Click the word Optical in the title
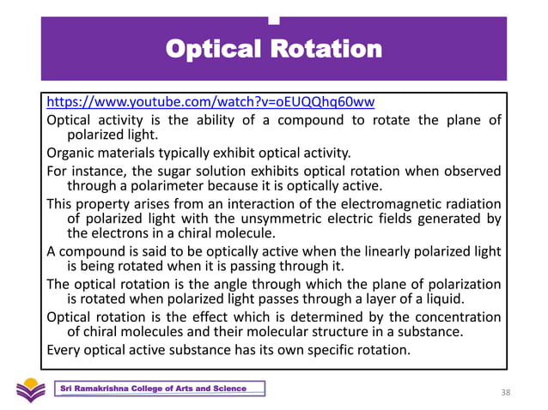(216, 49)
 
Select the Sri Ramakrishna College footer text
(153, 389)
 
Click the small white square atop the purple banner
(273, 20)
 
